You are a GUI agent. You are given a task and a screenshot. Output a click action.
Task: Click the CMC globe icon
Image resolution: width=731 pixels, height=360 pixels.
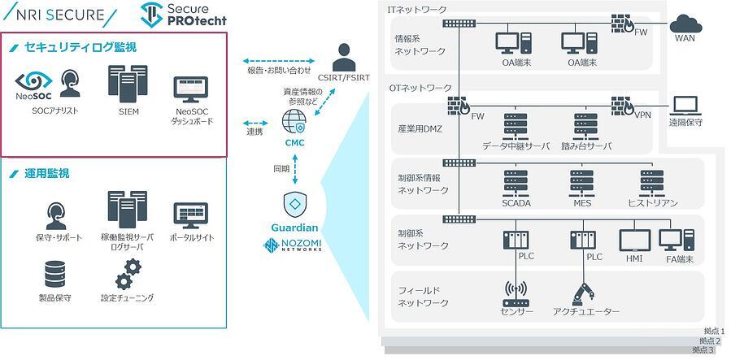point(294,123)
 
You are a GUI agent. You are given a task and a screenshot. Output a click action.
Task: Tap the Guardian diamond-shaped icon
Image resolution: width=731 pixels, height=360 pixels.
point(294,202)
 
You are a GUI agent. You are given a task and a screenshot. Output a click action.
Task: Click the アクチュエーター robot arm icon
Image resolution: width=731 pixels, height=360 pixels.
point(585,292)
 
